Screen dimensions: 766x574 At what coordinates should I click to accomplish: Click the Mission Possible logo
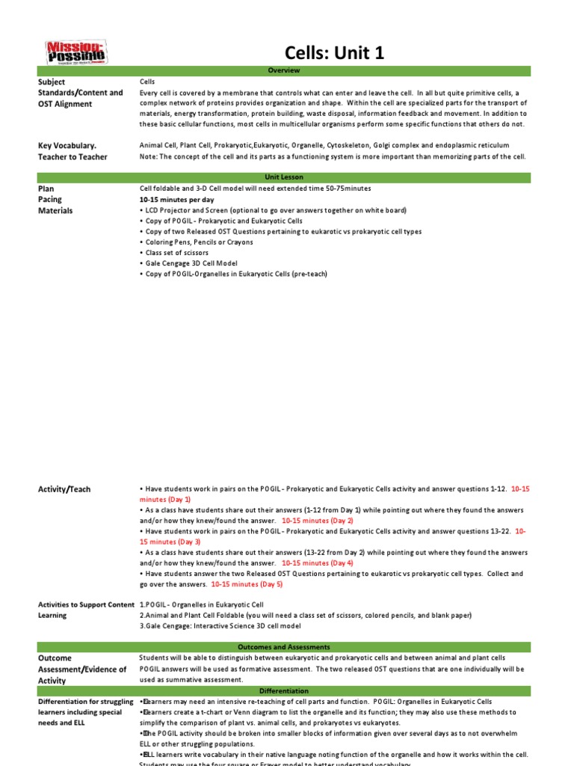(x=78, y=52)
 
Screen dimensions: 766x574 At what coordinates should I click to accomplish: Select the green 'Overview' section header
(x=283, y=70)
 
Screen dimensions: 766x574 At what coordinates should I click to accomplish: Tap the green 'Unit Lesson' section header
(x=283, y=177)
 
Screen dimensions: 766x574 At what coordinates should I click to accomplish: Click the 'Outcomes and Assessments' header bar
(x=283, y=646)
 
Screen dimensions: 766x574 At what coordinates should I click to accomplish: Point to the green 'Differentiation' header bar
(x=283, y=690)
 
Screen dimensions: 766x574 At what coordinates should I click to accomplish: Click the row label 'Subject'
(x=52, y=82)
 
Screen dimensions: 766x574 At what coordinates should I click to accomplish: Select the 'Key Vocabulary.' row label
(x=67, y=145)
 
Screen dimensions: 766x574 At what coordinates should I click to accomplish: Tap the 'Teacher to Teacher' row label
(x=72, y=156)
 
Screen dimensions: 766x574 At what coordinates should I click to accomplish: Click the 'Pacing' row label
(x=50, y=200)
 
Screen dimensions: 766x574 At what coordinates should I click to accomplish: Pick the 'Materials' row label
(x=55, y=211)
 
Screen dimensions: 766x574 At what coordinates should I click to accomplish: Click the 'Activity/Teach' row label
(x=64, y=489)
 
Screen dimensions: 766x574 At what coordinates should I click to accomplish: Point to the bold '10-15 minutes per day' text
(x=176, y=200)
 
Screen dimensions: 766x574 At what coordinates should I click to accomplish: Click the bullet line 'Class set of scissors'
(x=179, y=253)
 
